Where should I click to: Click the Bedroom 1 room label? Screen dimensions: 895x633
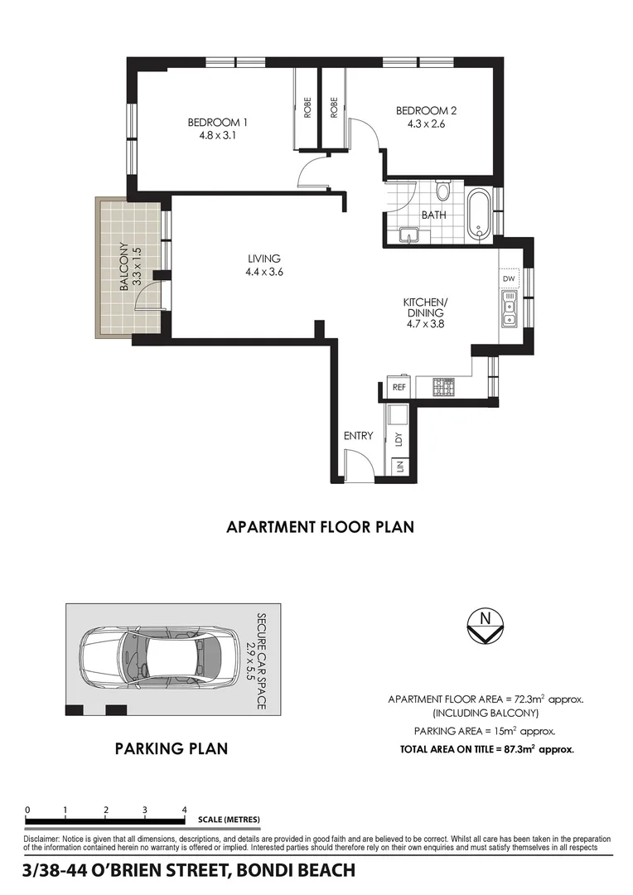(x=218, y=123)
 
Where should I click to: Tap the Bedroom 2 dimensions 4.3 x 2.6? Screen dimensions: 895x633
(x=426, y=124)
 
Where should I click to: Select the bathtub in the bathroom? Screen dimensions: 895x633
(x=479, y=215)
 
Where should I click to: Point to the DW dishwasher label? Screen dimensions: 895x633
(x=509, y=279)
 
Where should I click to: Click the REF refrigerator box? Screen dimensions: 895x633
(x=399, y=387)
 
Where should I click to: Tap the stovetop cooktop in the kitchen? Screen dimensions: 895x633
(x=444, y=386)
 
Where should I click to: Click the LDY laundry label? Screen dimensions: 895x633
(x=399, y=438)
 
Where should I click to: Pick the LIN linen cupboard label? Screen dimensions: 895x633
(x=399, y=467)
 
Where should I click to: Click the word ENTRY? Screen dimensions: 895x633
(x=358, y=436)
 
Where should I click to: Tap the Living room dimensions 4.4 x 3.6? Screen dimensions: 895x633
(x=264, y=272)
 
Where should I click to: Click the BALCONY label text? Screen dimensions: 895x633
(x=123, y=265)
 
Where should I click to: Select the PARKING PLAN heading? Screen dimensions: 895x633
(x=171, y=749)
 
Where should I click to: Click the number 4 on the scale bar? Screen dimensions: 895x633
(x=184, y=810)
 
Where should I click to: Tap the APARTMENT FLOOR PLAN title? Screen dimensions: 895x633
(x=320, y=526)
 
